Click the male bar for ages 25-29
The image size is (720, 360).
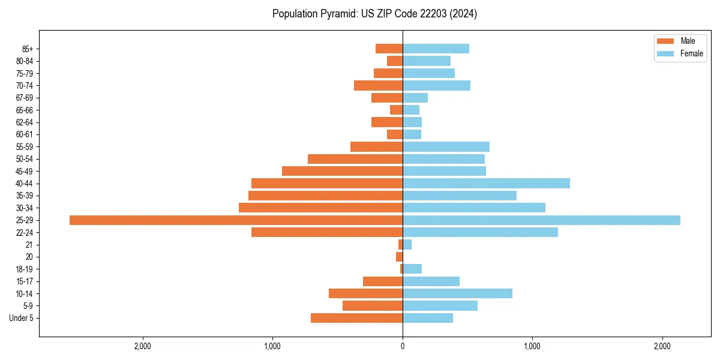click(236, 220)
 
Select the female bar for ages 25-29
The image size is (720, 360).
click(541, 220)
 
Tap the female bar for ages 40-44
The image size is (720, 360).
click(486, 184)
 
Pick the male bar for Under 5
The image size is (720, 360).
click(356, 318)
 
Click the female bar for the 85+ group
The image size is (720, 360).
click(436, 49)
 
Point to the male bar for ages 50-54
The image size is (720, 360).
click(355, 159)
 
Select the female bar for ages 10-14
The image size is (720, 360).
click(457, 293)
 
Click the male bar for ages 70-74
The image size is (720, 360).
click(378, 86)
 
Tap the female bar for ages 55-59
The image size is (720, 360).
click(446, 147)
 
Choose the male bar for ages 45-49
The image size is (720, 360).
click(342, 171)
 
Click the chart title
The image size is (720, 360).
click(374, 14)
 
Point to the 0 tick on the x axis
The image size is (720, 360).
click(403, 347)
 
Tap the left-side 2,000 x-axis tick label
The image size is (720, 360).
click(143, 347)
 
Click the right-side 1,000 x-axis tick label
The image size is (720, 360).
click(532, 347)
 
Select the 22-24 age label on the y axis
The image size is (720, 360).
click(25, 233)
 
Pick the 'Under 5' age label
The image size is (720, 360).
click(22, 318)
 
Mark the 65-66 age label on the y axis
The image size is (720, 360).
click(25, 110)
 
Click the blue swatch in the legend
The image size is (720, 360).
click(665, 53)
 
